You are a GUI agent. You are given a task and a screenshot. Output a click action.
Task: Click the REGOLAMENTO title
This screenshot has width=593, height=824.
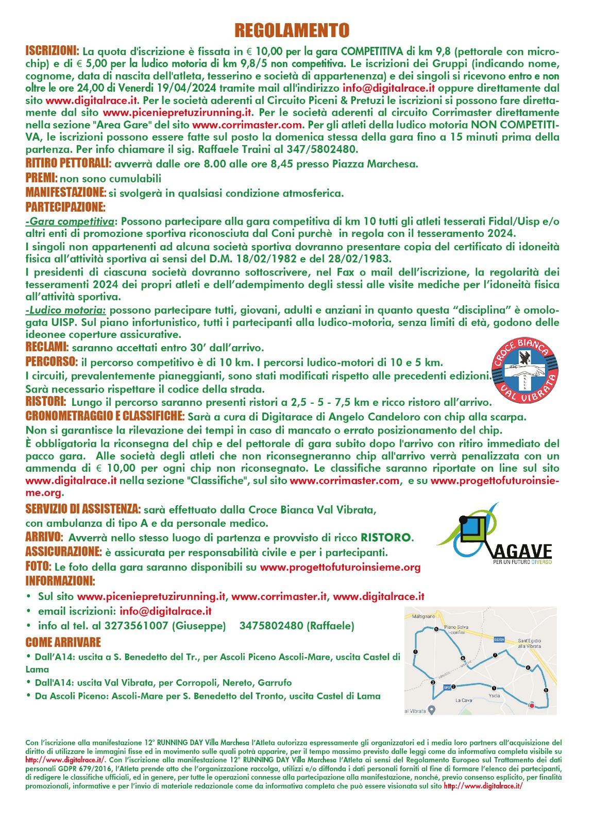pyautogui.click(x=292, y=30)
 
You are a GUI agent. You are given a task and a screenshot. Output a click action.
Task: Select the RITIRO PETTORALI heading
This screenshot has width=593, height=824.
pyautogui.click(x=68, y=163)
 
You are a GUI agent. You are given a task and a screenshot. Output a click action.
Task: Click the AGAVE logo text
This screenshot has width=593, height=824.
pyautogui.click(x=522, y=551)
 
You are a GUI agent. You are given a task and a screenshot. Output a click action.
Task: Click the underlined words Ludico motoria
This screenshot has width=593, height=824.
pyautogui.click(x=66, y=310)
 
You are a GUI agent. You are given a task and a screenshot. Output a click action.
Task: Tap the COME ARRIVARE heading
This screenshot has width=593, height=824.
pyautogui.click(x=63, y=642)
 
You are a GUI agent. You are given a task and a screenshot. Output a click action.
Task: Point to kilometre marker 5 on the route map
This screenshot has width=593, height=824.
pyautogui.click(x=436, y=629)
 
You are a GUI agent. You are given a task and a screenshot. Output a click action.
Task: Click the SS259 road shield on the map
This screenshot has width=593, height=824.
pyautogui.click(x=499, y=640)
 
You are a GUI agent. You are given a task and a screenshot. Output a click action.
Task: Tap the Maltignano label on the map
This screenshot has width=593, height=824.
pyautogui.click(x=420, y=616)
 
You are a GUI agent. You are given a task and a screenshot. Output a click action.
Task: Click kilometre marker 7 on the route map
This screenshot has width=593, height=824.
pyautogui.click(x=495, y=655)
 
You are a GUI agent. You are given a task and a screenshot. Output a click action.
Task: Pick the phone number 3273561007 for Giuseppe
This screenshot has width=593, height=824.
pyautogui.click(x=136, y=626)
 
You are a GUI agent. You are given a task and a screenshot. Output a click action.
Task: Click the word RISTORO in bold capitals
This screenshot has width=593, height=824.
pyautogui.click(x=386, y=538)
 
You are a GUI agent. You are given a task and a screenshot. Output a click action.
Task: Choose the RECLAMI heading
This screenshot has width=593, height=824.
pyautogui.click(x=46, y=347)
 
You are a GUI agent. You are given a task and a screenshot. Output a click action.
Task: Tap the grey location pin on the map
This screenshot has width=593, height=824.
pyautogui.click(x=432, y=710)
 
